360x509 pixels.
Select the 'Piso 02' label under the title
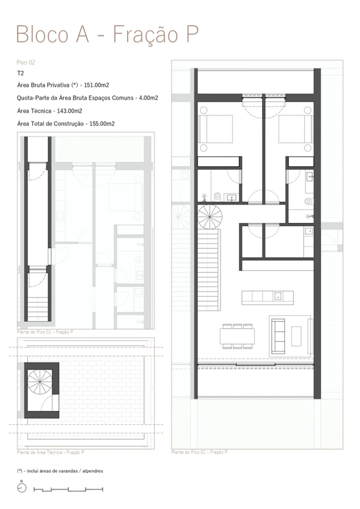coord(26,62)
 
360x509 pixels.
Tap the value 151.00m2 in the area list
coord(99,85)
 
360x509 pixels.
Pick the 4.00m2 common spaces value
coord(148,98)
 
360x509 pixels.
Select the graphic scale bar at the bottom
coord(68,489)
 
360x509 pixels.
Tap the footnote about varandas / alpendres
coord(60,471)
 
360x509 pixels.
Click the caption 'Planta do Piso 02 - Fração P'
coord(200,452)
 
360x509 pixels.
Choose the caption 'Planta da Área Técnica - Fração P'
coord(50,452)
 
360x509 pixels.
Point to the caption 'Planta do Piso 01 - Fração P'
coord(45,332)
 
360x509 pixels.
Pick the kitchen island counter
coord(267,297)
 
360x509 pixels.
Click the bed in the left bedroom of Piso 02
coord(216,129)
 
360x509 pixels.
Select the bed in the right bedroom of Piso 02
coord(295,129)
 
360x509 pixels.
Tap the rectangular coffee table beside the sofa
coord(296,336)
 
